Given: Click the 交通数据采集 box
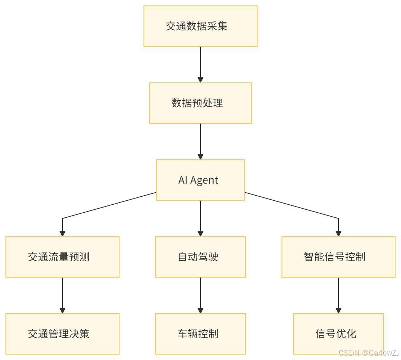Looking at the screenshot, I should tap(200, 26).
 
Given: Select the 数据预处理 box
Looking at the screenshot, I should tap(200, 103).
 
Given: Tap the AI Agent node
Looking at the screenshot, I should tap(200, 180).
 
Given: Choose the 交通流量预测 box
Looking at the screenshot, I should tap(62, 257).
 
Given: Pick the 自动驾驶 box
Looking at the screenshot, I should tap(200, 257).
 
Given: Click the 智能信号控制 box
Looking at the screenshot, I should tap(339, 257).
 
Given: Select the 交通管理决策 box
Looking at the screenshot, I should tap(62, 334).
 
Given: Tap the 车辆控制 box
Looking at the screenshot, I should tap(200, 334).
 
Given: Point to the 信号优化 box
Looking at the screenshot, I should tap(339, 334).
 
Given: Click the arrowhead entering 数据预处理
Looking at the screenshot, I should tap(200, 80).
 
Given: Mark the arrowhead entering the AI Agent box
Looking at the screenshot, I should tap(200, 157).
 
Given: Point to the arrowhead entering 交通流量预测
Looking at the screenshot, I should tap(62, 234).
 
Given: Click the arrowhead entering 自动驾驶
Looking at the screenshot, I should tap(200, 234).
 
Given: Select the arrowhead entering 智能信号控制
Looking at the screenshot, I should tap(339, 234).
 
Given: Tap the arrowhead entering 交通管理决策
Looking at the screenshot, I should tap(62, 311).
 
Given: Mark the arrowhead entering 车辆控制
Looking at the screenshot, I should tap(200, 311).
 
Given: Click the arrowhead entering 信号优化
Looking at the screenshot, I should tap(339, 311).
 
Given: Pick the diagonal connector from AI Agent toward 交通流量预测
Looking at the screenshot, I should tap(109, 205).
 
